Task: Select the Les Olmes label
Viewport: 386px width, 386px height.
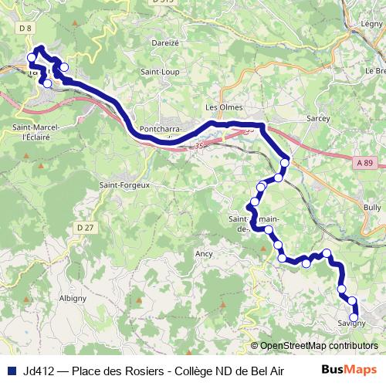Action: (224, 107)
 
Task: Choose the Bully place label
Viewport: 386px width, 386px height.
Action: (372, 208)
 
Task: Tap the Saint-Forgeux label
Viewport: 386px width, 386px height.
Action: (124, 185)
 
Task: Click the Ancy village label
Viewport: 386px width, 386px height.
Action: (204, 253)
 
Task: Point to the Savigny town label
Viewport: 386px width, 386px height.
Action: (350, 323)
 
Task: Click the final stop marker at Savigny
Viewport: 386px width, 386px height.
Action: (354, 317)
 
